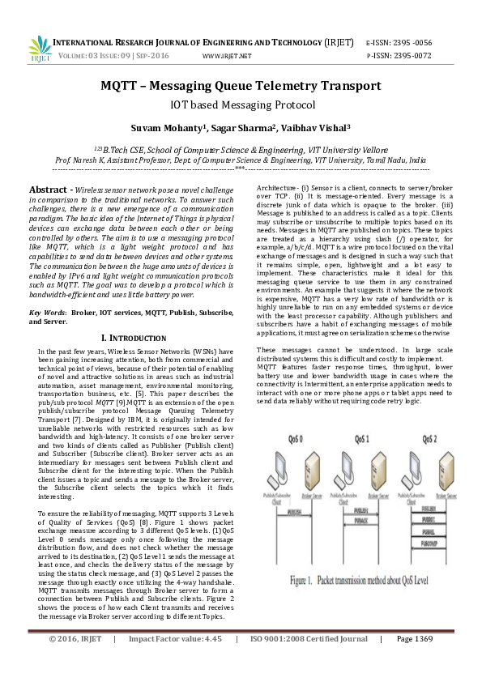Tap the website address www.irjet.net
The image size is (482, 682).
pos(226,57)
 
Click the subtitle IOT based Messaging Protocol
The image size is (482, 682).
pos(241,104)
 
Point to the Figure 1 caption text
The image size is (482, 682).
pos(364,604)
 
